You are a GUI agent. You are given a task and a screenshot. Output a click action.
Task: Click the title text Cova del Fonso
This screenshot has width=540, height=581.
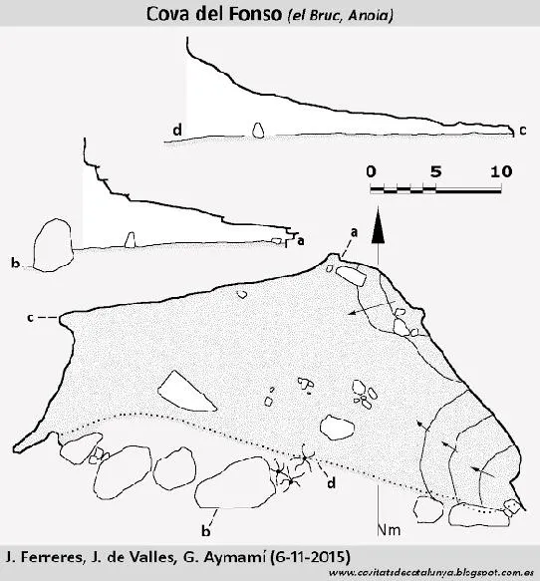(x=214, y=14)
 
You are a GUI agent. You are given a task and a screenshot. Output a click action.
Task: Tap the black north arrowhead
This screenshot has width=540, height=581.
(x=378, y=225)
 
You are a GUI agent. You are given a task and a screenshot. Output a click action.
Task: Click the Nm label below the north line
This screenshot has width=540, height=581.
(x=390, y=530)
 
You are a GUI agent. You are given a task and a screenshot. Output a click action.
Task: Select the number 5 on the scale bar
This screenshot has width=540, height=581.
(x=436, y=171)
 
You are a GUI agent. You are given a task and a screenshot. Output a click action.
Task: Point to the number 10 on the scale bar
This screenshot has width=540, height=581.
(x=501, y=171)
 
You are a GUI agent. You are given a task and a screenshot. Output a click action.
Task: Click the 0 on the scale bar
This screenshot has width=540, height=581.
(x=371, y=171)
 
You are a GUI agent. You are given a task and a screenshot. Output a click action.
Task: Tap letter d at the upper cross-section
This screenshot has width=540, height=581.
(x=177, y=131)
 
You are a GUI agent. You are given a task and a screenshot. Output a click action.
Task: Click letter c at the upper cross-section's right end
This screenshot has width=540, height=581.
(x=523, y=131)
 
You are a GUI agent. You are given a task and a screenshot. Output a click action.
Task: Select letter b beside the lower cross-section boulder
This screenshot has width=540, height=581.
(x=15, y=263)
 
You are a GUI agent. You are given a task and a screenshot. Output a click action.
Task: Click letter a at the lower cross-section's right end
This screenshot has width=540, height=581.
(x=301, y=241)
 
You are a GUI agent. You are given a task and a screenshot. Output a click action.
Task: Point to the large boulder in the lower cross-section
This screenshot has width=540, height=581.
(x=53, y=245)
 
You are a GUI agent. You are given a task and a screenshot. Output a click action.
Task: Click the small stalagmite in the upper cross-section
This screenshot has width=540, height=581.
(x=258, y=131)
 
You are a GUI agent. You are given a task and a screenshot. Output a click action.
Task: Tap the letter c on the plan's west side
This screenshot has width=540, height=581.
(x=30, y=318)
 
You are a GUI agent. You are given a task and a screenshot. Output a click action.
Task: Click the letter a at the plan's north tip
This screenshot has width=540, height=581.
(x=354, y=232)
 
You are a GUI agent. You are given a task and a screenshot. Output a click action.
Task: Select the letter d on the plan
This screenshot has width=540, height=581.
(x=331, y=482)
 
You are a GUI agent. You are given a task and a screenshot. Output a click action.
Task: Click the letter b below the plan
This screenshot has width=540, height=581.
(x=206, y=531)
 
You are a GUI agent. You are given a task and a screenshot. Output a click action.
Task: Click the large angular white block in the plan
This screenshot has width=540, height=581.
(x=186, y=392)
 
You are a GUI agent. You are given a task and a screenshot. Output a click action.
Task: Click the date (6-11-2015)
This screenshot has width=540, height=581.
(x=310, y=557)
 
